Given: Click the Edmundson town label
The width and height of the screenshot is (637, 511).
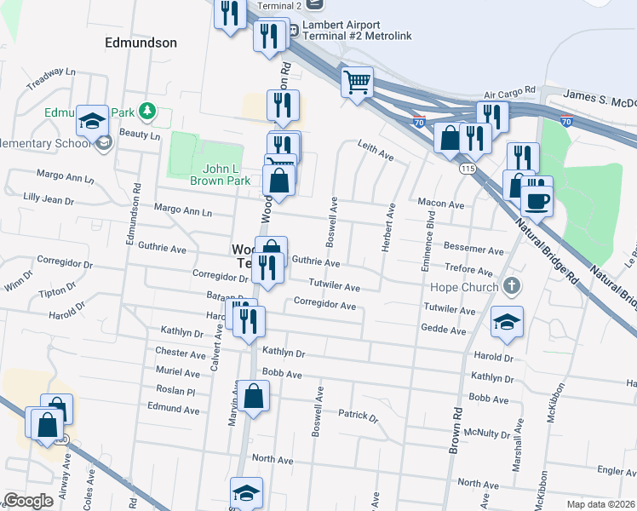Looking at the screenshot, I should tap(141, 42).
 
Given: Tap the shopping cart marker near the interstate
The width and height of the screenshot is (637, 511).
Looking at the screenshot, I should tap(358, 83).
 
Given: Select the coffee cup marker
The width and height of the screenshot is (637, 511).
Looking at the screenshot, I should tap(537, 202).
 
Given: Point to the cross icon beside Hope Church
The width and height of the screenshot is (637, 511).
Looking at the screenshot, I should tap(511, 286).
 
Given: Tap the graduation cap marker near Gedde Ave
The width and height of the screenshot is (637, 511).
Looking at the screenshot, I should tap(507, 322).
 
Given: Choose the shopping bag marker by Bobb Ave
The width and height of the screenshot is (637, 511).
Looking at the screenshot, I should tap(254, 396).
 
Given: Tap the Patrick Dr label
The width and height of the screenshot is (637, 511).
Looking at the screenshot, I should tap(358, 416).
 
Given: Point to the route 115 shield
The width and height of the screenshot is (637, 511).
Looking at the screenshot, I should tap(467, 169).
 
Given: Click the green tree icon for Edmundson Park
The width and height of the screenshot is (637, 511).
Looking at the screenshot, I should tap(148, 111).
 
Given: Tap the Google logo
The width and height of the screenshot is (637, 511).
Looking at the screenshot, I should tap(28, 501).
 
